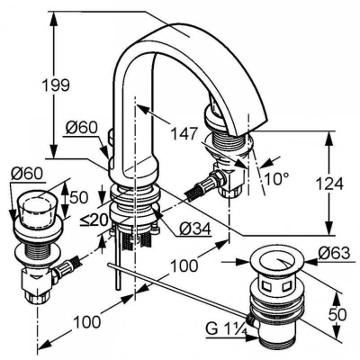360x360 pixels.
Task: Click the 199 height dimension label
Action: [x=56, y=85]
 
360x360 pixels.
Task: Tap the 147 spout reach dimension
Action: [x=184, y=133]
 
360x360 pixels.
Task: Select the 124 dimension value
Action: [x=329, y=184]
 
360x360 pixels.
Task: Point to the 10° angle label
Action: [x=276, y=179]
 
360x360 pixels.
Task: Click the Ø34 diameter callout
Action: [x=195, y=229]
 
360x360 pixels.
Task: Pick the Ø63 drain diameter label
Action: [x=334, y=254]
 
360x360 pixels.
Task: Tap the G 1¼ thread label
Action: [x=227, y=329]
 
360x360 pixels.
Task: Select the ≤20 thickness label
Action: [x=94, y=221]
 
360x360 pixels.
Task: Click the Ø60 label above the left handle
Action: [x=26, y=174]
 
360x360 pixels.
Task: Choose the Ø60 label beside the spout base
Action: [x=82, y=128]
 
